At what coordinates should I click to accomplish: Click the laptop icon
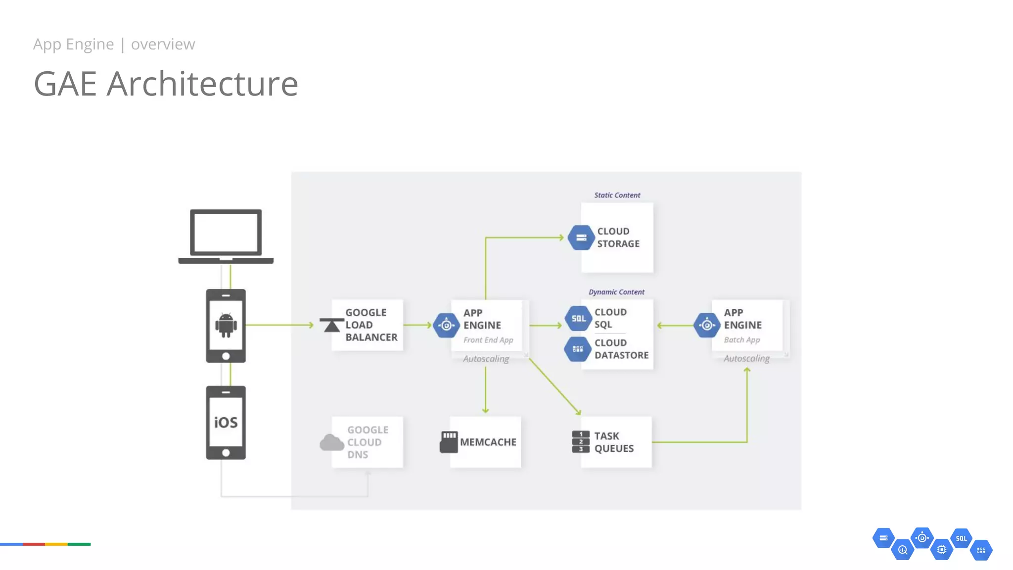click(226, 236)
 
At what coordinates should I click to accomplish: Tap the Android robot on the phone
click(226, 325)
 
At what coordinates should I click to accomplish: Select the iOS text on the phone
click(226, 422)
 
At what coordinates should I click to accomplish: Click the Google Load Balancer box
click(368, 325)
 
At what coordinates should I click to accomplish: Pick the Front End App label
click(488, 340)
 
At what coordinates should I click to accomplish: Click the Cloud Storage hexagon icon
click(581, 237)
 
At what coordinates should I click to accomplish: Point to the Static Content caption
click(617, 195)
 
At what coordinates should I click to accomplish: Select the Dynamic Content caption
click(616, 292)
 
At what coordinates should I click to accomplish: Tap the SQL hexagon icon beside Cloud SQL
click(578, 319)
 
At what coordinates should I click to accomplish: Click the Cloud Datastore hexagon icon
click(577, 349)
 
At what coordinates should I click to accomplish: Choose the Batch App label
click(741, 340)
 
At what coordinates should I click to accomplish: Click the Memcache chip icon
click(449, 442)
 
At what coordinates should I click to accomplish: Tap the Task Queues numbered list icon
click(581, 442)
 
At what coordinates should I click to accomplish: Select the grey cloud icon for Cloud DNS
click(331, 442)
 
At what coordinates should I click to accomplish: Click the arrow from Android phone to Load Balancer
click(279, 325)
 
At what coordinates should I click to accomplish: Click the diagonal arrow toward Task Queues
click(554, 386)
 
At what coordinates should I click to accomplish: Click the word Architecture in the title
click(202, 84)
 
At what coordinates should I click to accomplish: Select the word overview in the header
click(163, 44)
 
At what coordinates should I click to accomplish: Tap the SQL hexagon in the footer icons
click(961, 538)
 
